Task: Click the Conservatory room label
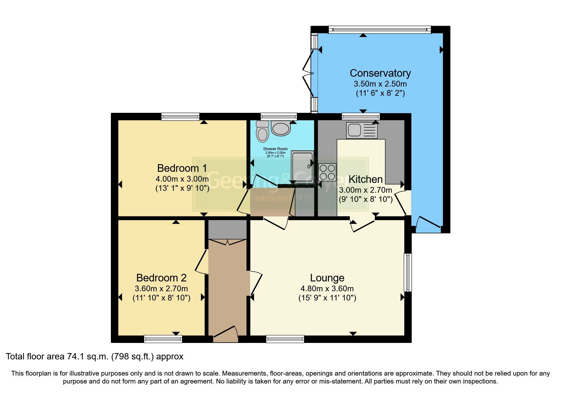point(380,73)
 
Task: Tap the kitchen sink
point(362,130)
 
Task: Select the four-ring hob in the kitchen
point(327,172)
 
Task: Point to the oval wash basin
point(281,129)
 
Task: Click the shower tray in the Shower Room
point(302,167)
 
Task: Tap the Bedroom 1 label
point(182,168)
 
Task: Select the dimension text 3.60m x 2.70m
point(161,289)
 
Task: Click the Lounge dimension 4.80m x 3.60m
point(327,289)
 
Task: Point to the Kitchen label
point(366,179)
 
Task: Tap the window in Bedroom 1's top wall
point(180,117)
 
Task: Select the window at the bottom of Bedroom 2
point(163,339)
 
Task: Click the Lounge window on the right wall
point(408,272)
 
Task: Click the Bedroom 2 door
point(201,262)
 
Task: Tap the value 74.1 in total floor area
point(75,357)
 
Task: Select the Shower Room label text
point(275,149)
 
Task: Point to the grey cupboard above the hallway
point(227,229)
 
